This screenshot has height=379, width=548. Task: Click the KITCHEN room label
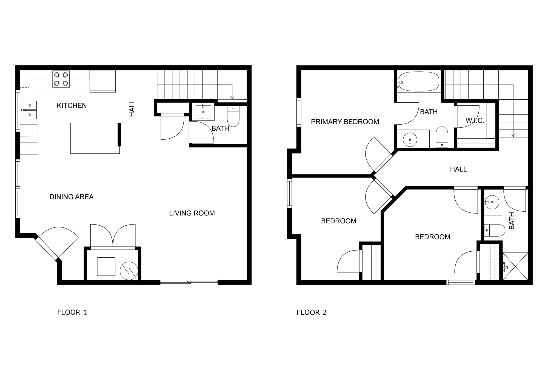pyautogui.click(x=72, y=106)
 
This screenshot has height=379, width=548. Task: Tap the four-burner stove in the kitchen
pyautogui.click(x=61, y=79)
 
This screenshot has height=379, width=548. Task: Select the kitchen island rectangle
pyautogui.click(x=95, y=138)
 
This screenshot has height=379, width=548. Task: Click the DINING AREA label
pyautogui.click(x=72, y=197)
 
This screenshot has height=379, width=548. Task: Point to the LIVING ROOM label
pyautogui.click(x=192, y=213)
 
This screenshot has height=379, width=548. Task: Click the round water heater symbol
pyautogui.click(x=129, y=271)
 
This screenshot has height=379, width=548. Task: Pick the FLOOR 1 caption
pyautogui.click(x=72, y=312)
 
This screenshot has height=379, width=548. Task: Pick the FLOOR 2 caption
pyautogui.click(x=312, y=312)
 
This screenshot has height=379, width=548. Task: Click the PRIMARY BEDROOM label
pyautogui.click(x=345, y=122)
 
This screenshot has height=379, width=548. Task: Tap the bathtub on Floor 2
pyautogui.click(x=418, y=82)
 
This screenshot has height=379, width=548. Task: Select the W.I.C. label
pyautogui.click(x=475, y=120)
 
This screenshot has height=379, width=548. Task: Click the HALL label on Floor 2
pyautogui.click(x=458, y=169)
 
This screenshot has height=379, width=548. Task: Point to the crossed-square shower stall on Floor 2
pyautogui.click(x=515, y=266)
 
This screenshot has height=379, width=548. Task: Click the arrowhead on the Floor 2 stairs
pyautogui.click(x=513, y=135)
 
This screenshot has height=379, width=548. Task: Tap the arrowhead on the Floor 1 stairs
pyautogui.click(x=232, y=97)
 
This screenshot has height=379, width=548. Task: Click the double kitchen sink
pyautogui.click(x=30, y=110)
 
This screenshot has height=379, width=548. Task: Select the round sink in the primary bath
pyautogui.click(x=410, y=140)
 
